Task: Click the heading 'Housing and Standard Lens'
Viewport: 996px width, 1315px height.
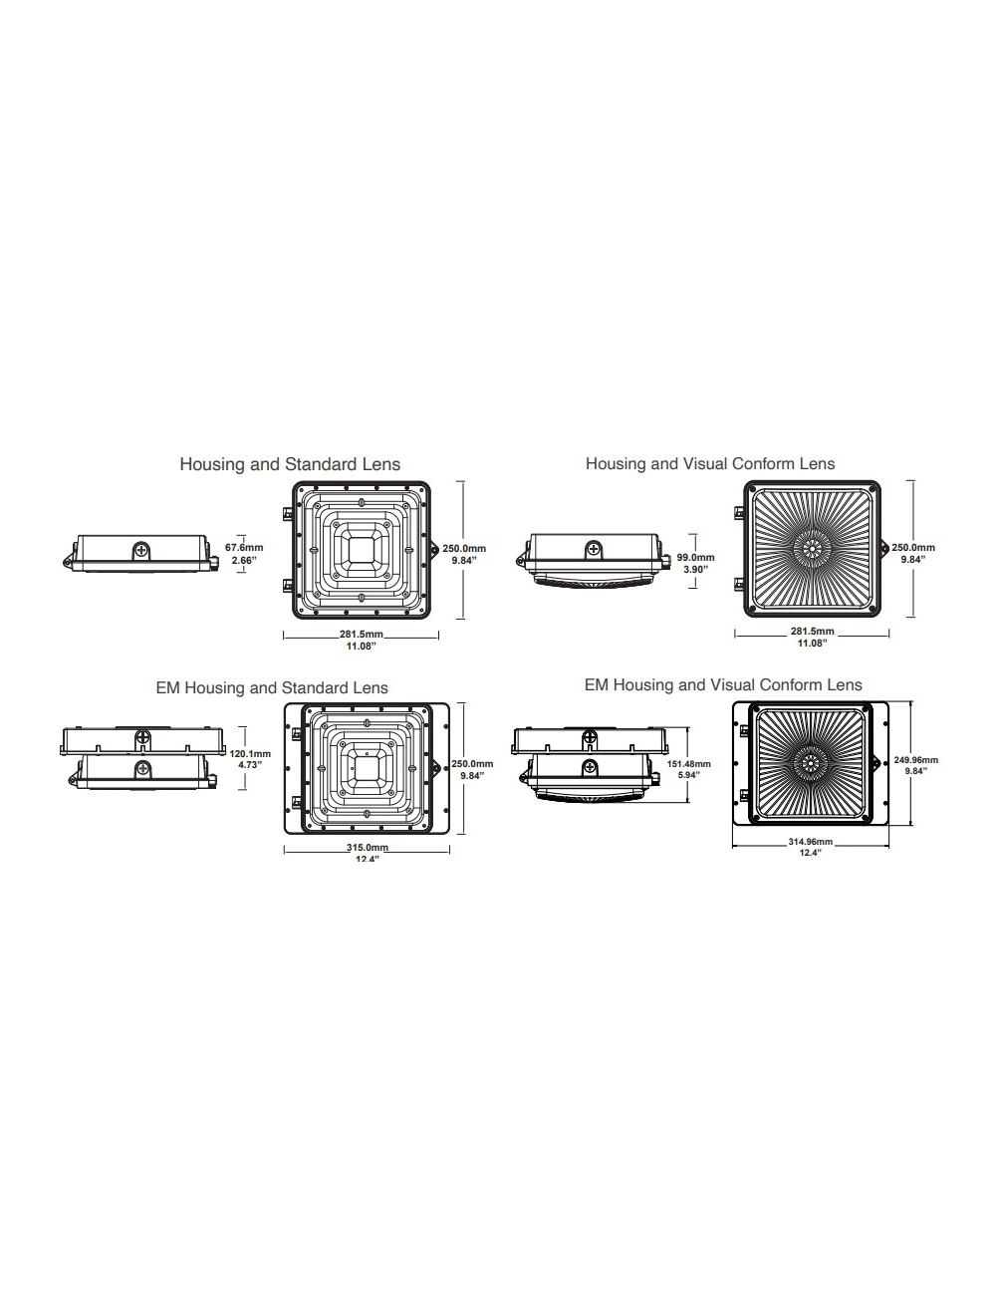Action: pyautogui.click(x=290, y=464)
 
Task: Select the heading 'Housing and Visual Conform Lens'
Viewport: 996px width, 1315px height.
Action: pyautogui.click(x=710, y=464)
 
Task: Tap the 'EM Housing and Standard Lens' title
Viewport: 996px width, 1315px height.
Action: pyautogui.click(x=272, y=688)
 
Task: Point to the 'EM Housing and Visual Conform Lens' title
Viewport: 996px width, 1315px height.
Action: pyautogui.click(x=723, y=685)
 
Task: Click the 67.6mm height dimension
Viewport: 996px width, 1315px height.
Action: pyautogui.click(x=244, y=548)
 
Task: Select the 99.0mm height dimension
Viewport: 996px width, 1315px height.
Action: pyautogui.click(x=695, y=558)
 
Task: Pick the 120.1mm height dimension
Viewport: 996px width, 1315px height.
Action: pyautogui.click(x=250, y=754)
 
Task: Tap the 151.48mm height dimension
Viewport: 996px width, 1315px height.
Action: pyautogui.click(x=688, y=764)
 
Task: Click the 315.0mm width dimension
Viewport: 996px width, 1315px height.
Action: pyautogui.click(x=367, y=848)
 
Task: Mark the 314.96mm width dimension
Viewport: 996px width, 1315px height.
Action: pyautogui.click(x=810, y=842)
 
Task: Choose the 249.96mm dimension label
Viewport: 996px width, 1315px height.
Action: pyautogui.click(x=916, y=760)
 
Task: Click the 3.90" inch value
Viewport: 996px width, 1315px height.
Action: pyautogui.click(x=694, y=569)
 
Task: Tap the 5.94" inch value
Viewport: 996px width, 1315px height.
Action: pyautogui.click(x=688, y=775)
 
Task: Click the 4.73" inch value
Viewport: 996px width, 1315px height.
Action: pyautogui.click(x=249, y=765)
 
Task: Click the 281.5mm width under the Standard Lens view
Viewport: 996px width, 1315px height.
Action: pyautogui.click(x=361, y=635)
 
